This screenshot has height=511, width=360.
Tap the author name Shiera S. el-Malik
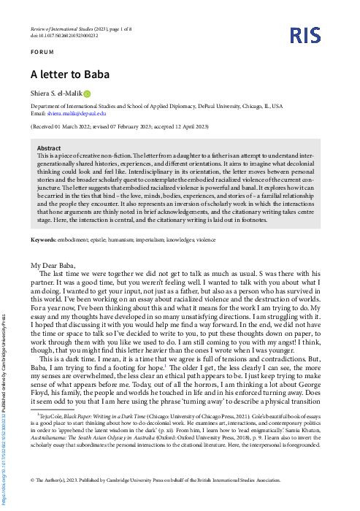coord(55,93)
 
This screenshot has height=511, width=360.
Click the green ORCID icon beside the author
coord(86,93)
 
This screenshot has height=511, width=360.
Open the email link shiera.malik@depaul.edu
coord(77,114)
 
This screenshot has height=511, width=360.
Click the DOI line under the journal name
coord(62,35)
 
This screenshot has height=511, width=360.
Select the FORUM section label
coord(41,53)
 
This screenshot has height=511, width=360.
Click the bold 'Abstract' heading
coord(49,148)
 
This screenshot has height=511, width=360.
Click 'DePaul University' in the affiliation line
coord(205,107)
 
